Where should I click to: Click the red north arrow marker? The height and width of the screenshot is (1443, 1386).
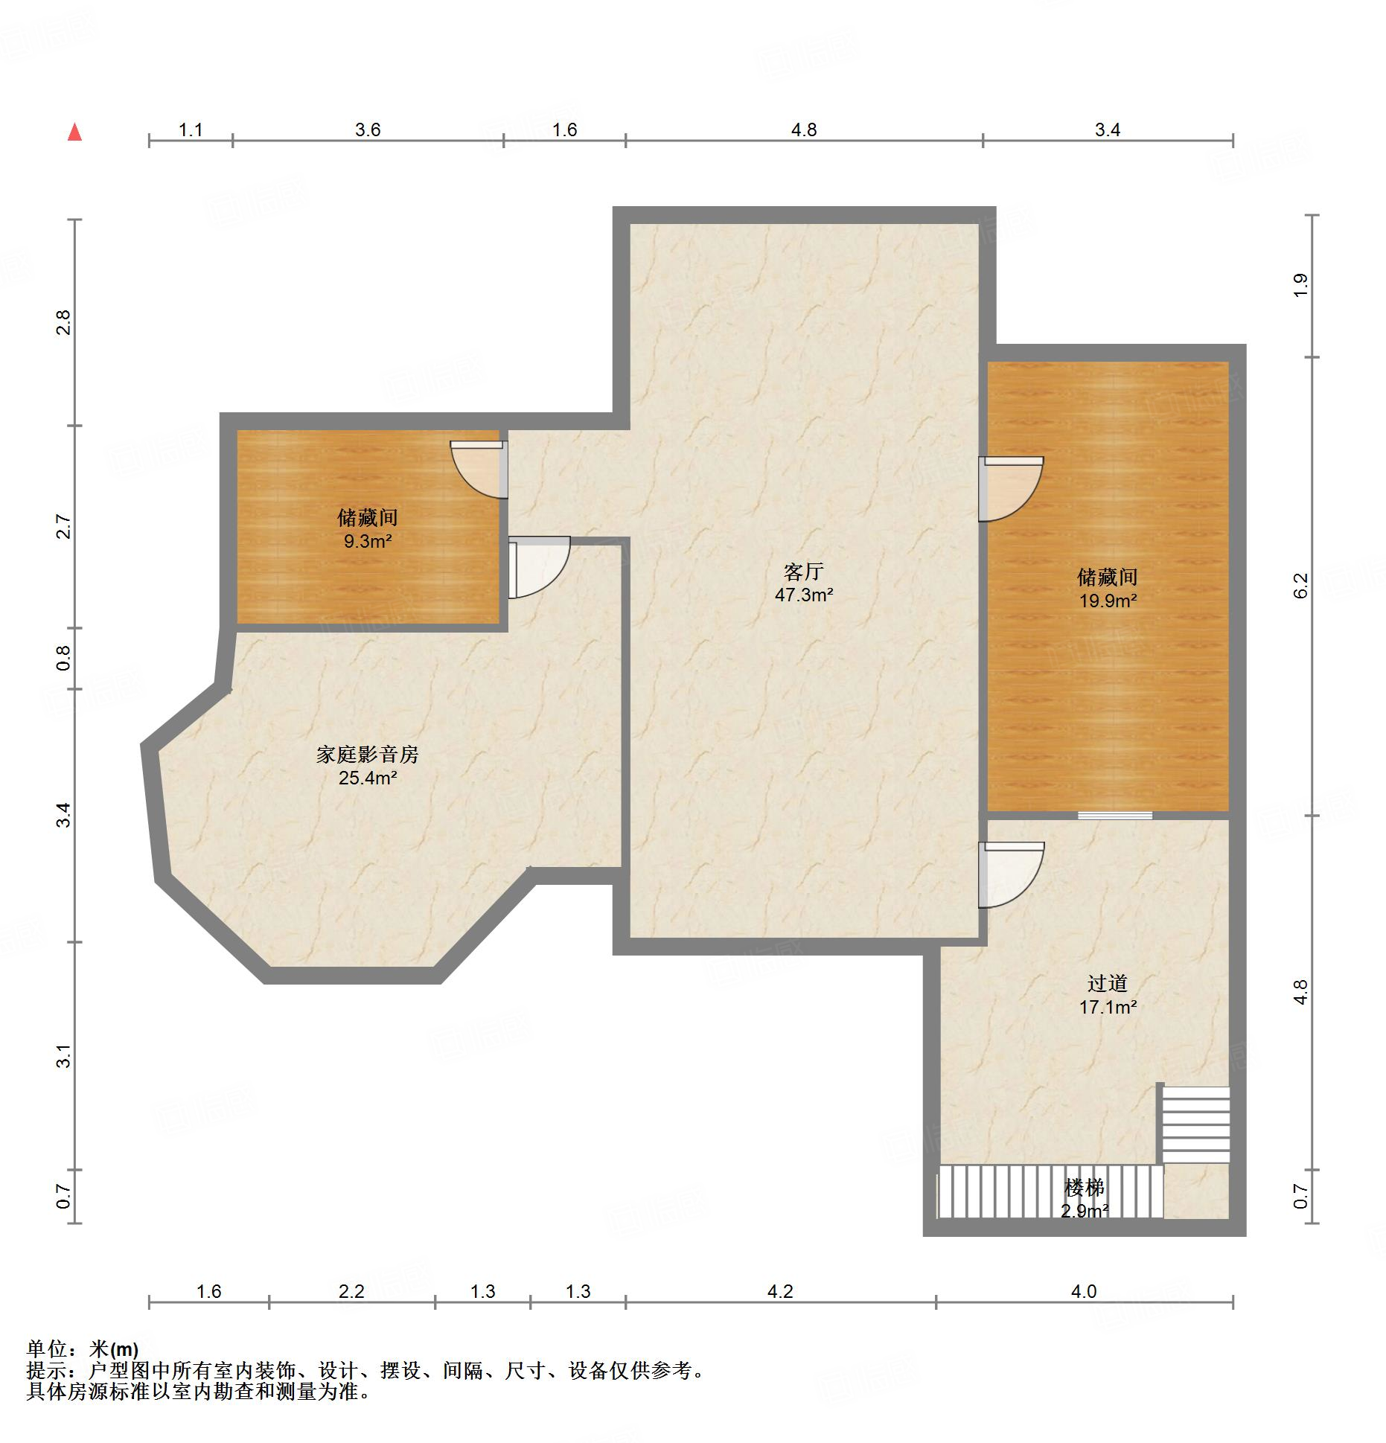[x=74, y=132]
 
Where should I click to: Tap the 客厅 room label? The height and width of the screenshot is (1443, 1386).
[x=803, y=572]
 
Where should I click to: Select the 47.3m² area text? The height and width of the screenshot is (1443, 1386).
[x=803, y=595]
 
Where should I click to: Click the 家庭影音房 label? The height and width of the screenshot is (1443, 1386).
[x=367, y=755]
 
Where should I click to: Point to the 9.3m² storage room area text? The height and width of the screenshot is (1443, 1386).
[x=367, y=541]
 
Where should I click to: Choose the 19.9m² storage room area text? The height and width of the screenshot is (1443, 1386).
[x=1108, y=600]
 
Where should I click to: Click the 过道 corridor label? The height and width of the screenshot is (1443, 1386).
[x=1108, y=983]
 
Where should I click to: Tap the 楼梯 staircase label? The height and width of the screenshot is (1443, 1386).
[x=1084, y=1188]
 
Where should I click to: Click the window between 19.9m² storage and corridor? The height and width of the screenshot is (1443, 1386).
[x=1114, y=816]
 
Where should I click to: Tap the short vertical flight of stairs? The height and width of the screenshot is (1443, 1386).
[x=1195, y=1124]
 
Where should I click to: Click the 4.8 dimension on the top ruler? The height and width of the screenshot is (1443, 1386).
[x=803, y=130]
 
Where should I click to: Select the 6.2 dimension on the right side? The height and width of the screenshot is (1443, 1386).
[x=1300, y=585]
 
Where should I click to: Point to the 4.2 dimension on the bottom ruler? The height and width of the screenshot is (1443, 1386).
[x=779, y=1291]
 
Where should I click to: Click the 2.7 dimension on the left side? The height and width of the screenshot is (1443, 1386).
[x=64, y=526]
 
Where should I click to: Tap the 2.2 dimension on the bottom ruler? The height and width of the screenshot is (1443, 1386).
[x=351, y=1291]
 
